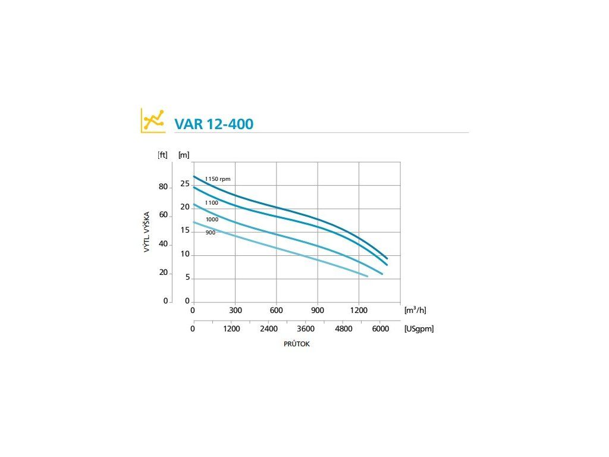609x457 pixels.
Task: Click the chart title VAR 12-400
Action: click(x=214, y=124)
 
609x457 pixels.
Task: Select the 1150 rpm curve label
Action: click(x=218, y=179)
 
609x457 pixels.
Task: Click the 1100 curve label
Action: click(x=212, y=203)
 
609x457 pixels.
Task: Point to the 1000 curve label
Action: click(x=212, y=220)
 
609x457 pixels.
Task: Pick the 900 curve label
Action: click(x=210, y=233)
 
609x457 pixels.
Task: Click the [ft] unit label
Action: click(x=162, y=155)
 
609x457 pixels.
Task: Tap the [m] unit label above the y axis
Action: click(x=184, y=155)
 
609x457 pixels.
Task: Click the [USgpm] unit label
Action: click(x=419, y=328)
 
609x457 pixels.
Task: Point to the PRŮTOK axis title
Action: click(x=297, y=345)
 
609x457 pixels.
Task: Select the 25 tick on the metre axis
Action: click(x=185, y=183)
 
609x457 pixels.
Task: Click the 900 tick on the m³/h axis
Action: click(x=318, y=311)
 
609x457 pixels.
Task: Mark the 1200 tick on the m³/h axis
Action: click(x=359, y=311)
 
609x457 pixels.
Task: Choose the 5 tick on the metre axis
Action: click(x=187, y=278)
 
